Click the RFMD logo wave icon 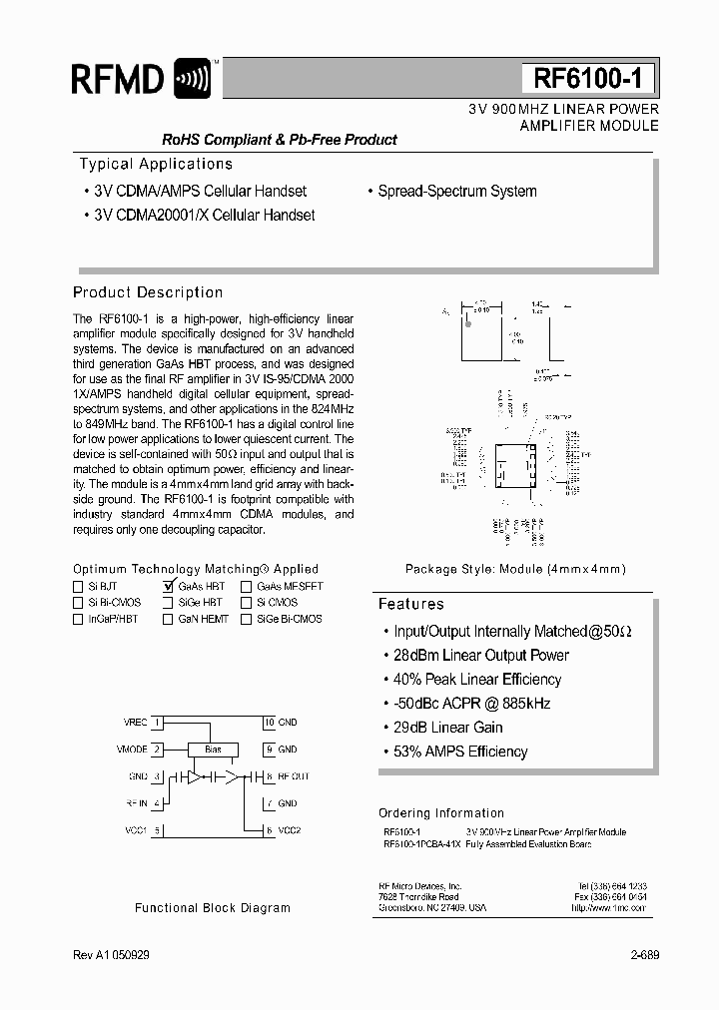click(x=193, y=78)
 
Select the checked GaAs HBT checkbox click(x=169, y=587)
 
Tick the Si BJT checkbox click(x=78, y=587)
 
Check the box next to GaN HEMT click(x=169, y=619)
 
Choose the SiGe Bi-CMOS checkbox click(x=246, y=619)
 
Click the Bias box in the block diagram click(x=213, y=750)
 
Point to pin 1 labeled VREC click(x=157, y=722)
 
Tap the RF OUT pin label click(x=294, y=775)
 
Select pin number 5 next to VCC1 click(x=157, y=830)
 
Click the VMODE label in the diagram click(x=132, y=749)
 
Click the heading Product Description click(x=148, y=292)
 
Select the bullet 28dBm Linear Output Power click(x=481, y=656)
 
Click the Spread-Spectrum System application click(x=456, y=191)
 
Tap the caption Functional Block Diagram click(x=213, y=908)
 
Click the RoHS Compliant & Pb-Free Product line click(x=266, y=140)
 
